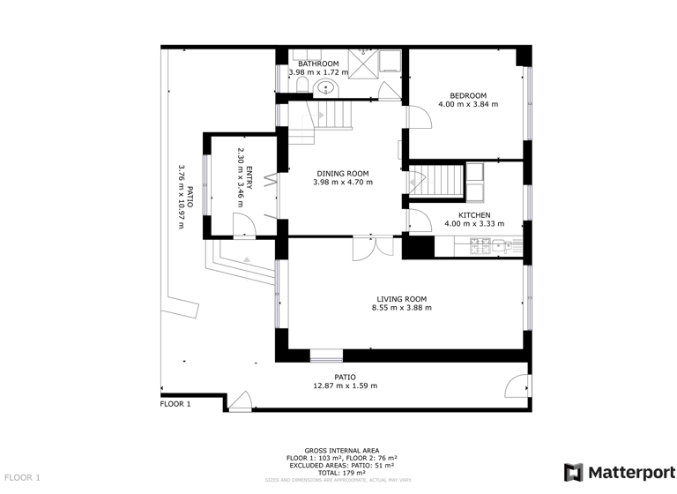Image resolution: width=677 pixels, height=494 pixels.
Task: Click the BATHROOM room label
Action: tap(317, 64)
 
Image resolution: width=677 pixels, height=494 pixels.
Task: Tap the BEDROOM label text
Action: tap(468, 95)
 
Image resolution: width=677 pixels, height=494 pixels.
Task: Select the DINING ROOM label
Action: tap(343, 174)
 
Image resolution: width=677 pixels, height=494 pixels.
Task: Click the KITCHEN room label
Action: tap(473, 215)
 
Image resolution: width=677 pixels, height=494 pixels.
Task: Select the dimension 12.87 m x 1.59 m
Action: tap(345, 385)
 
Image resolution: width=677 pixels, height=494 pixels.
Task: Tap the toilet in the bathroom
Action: tap(302, 85)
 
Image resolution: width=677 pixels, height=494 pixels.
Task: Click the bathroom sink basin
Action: tap(326, 87)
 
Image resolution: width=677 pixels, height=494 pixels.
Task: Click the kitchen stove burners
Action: tap(481, 244)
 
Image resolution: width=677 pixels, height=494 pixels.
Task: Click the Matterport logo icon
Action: tap(573, 471)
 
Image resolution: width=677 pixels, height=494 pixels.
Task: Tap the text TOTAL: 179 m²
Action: tap(341, 473)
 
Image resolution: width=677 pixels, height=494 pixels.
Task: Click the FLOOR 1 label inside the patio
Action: tap(175, 404)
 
